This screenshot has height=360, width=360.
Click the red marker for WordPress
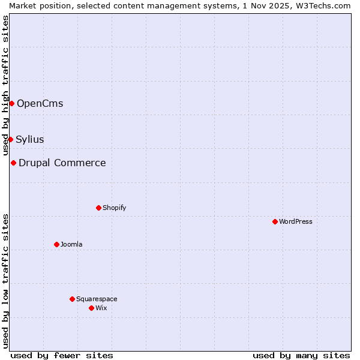275,221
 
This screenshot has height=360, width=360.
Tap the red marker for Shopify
98,208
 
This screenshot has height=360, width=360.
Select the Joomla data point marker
56,244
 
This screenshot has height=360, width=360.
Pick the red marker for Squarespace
72,299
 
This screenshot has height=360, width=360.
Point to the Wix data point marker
91,308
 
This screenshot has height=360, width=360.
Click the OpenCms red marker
11,103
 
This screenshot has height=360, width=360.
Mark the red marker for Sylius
10,139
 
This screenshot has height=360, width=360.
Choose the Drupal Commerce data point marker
13,163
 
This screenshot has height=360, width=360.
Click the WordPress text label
296,221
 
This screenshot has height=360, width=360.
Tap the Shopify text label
114,208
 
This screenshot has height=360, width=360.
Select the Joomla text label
71,244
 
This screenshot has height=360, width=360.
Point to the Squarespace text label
97,299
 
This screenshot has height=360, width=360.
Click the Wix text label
101,308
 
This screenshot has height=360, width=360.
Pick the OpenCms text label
40,103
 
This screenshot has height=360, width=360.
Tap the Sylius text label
29,139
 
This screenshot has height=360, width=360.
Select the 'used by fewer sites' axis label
62,355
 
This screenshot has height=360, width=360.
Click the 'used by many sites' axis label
301,355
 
